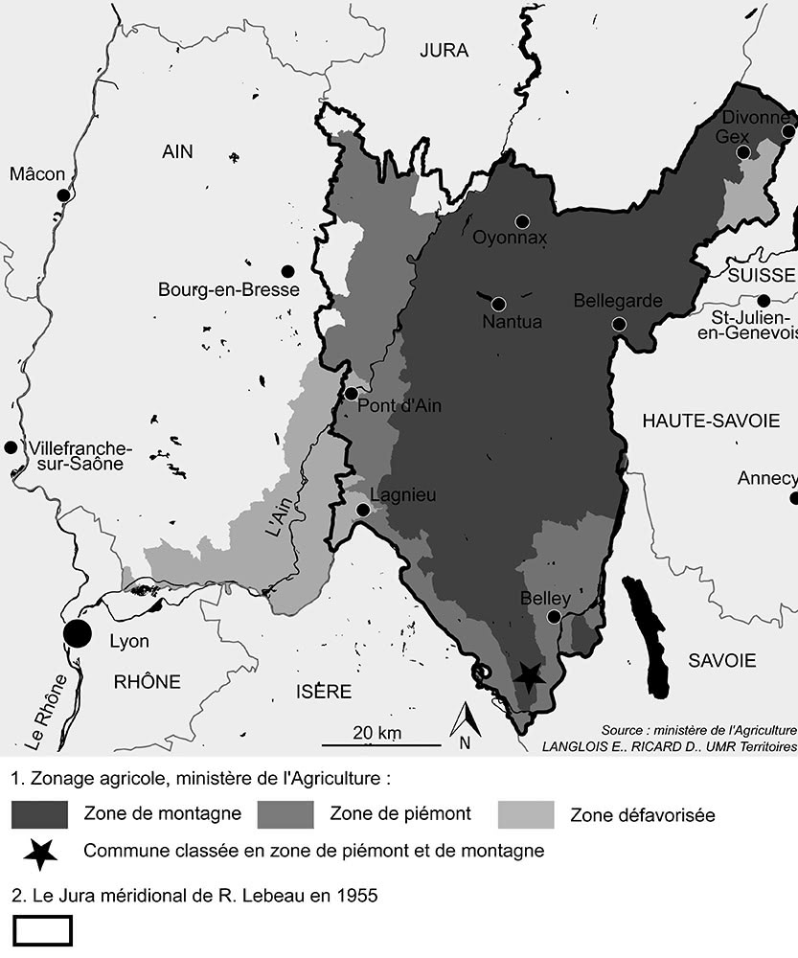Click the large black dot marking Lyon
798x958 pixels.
point(77,633)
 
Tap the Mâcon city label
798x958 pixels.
point(37,173)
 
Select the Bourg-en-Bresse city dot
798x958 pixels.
point(285,271)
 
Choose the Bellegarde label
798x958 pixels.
point(617,301)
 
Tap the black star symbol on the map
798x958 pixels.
point(528,675)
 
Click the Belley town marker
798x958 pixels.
point(554,617)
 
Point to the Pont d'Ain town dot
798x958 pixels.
point(352,393)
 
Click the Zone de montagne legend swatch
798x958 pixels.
point(39,814)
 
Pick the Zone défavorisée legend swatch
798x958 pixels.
point(526,814)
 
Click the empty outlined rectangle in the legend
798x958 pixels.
point(43,930)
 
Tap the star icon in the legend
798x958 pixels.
point(39,853)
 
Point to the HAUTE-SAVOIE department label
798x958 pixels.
point(711,421)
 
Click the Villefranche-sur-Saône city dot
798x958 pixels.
point(11,447)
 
